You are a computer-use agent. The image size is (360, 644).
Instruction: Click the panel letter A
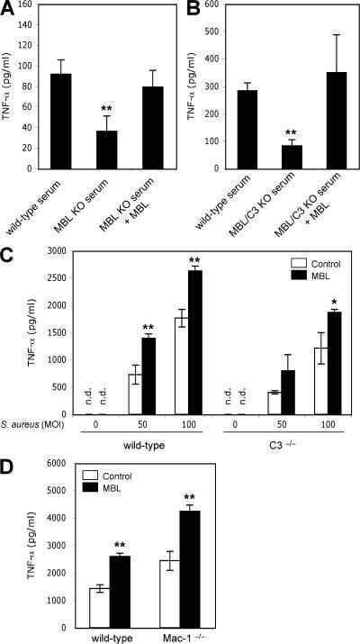point(10,8)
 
